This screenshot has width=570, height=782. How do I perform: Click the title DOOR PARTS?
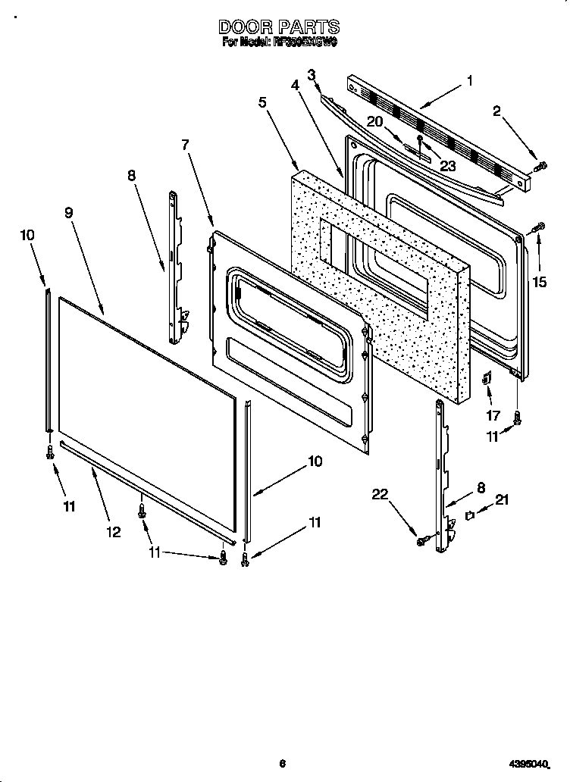click(279, 28)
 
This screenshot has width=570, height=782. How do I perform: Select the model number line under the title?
click(279, 43)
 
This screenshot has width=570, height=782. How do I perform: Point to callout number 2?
click(497, 112)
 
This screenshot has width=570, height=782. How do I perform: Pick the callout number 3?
click(311, 74)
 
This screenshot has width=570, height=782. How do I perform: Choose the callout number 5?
click(262, 102)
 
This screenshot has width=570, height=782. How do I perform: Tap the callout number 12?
click(113, 532)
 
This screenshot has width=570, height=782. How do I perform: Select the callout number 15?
click(539, 282)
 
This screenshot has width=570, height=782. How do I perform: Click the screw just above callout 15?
click(540, 227)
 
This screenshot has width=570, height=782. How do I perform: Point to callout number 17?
click(493, 415)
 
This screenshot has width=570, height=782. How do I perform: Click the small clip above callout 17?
click(487, 377)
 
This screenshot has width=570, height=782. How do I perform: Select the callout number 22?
click(381, 495)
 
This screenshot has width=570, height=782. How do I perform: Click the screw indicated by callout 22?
click(422, 540)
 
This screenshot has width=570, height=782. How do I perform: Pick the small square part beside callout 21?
click(469, 515)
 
